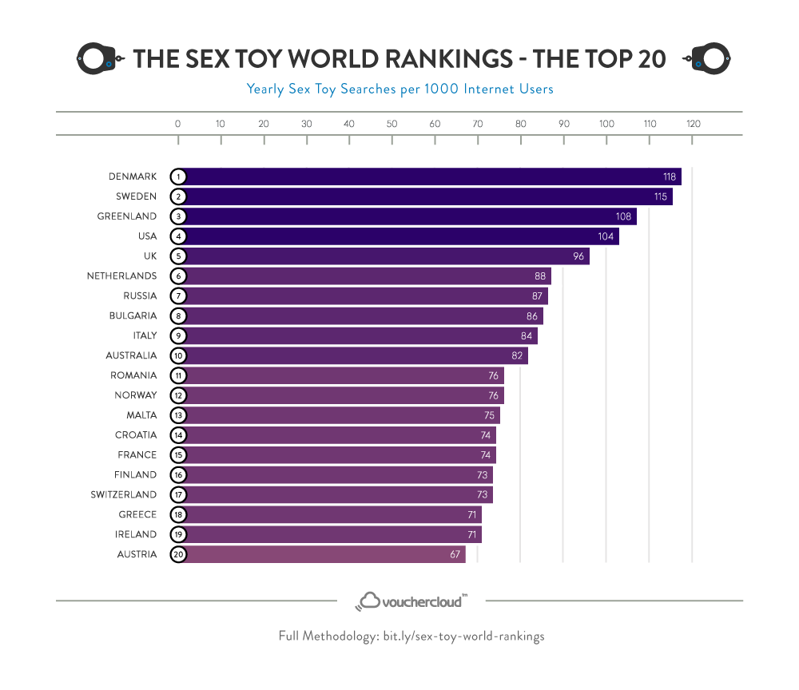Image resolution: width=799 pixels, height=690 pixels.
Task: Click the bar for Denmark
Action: point(423,176)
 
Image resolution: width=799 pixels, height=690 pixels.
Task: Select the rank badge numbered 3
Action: point(178,216)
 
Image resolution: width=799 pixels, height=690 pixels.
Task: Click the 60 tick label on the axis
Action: point(435,124)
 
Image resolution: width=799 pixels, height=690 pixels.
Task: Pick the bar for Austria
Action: point(320,554)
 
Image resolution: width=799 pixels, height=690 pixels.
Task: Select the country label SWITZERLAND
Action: point(124,494)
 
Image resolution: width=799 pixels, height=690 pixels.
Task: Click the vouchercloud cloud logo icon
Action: point(369,601)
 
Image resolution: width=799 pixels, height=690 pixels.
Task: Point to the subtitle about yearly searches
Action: point(399,89)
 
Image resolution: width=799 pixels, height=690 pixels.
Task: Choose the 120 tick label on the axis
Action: point(693,124)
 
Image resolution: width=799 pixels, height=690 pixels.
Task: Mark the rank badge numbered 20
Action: point(178,554)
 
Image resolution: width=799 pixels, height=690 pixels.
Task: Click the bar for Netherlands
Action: point(360,276)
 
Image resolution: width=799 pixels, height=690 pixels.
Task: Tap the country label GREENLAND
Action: point(127,216)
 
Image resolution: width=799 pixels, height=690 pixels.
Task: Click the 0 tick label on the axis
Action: point(177,124)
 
